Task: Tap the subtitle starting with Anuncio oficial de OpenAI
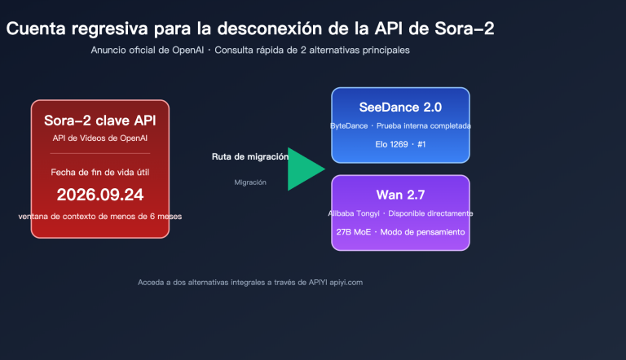tap(250, 50)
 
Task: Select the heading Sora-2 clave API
tap(100, 121)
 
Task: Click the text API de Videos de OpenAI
tap(100, 138)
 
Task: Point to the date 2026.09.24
tap(100, 195)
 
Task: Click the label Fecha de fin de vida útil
tap(100, 173)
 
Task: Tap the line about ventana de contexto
tap(100, 216)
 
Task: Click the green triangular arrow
tap(304, 169)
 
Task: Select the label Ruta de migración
tap(249, 156)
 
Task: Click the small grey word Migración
tap(250, 182)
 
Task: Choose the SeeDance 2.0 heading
tap(400, 108)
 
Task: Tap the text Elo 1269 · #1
tap(400, 144)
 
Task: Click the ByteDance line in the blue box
tap(400, 126)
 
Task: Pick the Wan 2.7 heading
tap(400, 195)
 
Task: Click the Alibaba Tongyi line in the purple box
tap(400, 213)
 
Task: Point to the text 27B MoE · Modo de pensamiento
tap(400, 232)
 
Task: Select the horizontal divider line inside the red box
tap(100, 153)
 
